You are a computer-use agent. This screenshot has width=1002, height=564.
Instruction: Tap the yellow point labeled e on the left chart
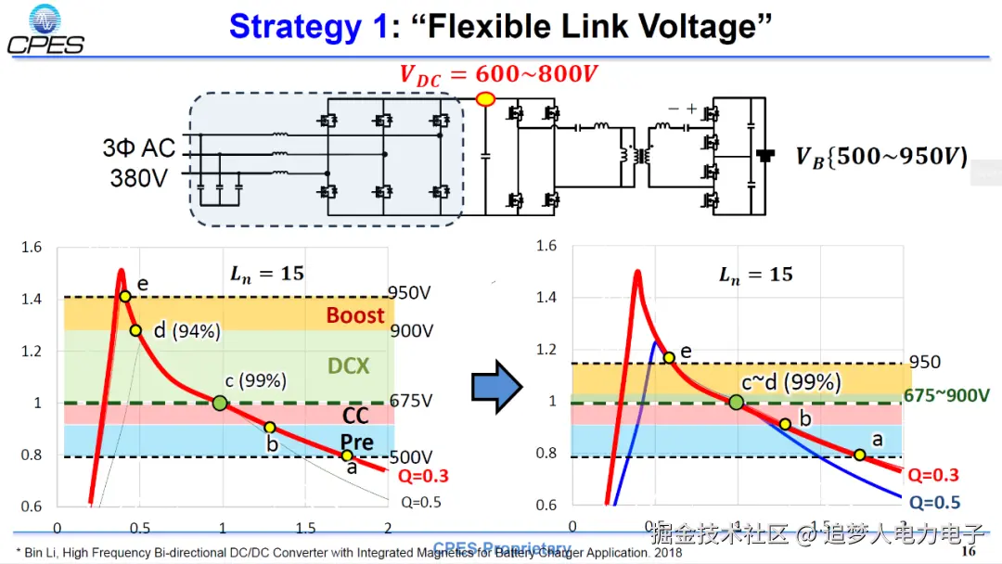click(x=124, y=296)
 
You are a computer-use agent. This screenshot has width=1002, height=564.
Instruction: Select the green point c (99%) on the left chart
click(x=220, y=403)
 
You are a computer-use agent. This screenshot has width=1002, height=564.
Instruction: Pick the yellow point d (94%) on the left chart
click(x=135, y=330)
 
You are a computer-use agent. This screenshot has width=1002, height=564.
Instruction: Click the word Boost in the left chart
click(x=354, y=315)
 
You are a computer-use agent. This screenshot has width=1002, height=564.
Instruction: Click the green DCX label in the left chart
click(x=348, y=366)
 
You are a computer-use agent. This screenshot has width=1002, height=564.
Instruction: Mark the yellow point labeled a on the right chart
click(x=860, y=455)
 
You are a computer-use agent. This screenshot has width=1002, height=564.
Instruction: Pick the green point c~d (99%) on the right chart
click(x=736, y=402)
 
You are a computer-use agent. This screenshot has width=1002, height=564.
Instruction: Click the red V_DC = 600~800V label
click(x=498, y=74)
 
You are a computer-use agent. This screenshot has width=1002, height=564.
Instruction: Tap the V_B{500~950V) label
click(x=880, y=157)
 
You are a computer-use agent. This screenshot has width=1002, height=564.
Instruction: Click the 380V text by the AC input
click(x=139, y=177)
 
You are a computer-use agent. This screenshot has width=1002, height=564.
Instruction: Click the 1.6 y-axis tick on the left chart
click(x=32, y=247)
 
